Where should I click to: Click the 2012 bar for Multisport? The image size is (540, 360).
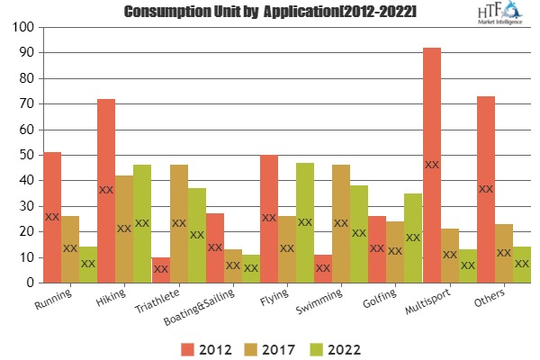click(432, 166)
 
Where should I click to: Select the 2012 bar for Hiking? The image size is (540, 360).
click(106, 191)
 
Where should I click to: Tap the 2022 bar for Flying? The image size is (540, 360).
click(305, 222)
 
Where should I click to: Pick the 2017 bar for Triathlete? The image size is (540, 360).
click(179, 224)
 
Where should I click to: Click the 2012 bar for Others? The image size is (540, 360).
click(486, 190)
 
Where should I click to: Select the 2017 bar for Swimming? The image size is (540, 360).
click(341, 224)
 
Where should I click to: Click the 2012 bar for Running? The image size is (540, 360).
click(52, 218)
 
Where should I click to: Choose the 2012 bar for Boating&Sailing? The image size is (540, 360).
click(215, 248)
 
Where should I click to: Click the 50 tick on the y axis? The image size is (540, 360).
click(25, 156)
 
